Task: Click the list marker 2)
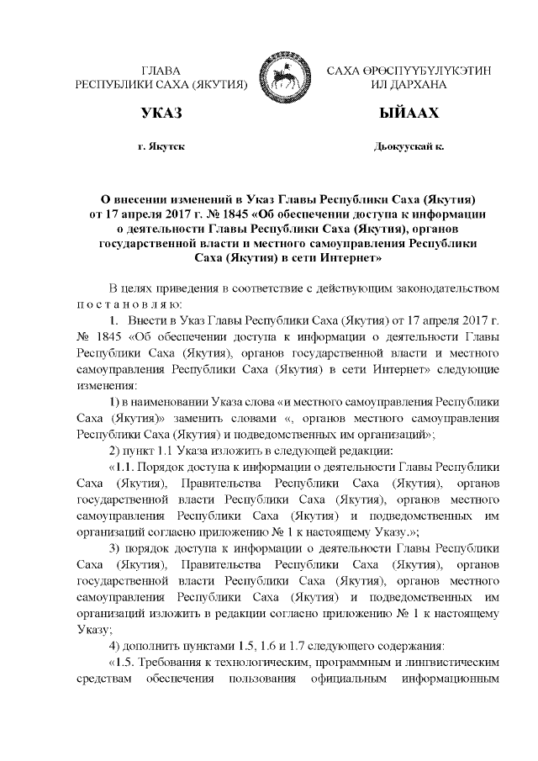tap(117, 451)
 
